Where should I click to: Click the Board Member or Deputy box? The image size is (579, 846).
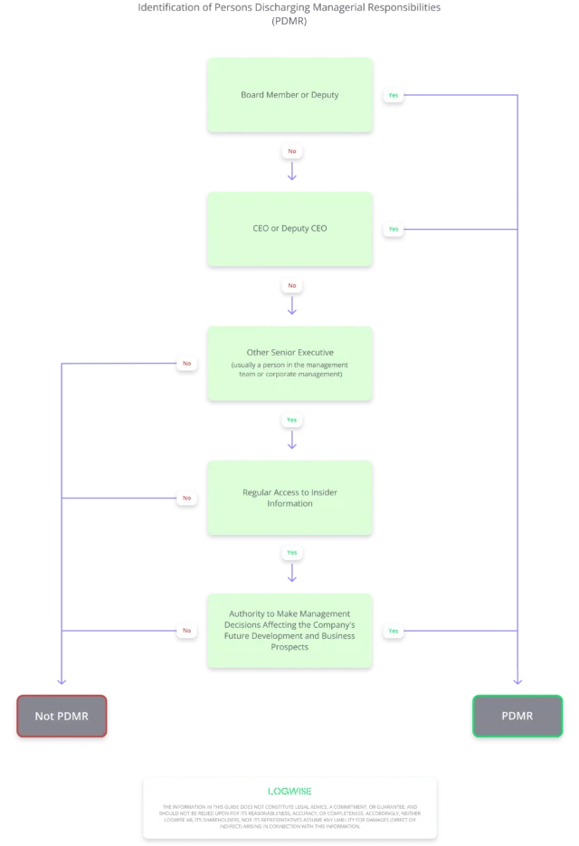pyautogui.click(x=289, y=95)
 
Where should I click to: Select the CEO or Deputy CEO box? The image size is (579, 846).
pyautogui.click(x=289, y=228)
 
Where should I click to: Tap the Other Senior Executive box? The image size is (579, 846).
pyautogui.click(x=289, y=362)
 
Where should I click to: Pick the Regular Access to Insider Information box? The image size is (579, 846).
pyautogui.click(x=289, y=497)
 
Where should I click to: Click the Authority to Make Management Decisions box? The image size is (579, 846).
pyautogui.click(x=289, y=630)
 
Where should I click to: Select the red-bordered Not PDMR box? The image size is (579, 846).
pyautogui.click(x=62, y=716)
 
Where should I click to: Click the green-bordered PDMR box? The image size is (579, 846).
pyautogui.click(x=517, y=716)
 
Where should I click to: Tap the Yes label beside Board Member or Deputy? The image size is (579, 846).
pyautogui.click(x=393, y=95)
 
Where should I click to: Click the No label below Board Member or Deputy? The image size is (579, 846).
pyautogui.click(x=291, y=151)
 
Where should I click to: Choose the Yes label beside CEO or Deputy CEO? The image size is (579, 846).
pyautogui.click(x=393, y=229)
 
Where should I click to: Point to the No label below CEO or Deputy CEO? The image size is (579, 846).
pyautogui.click(x=291, y=285)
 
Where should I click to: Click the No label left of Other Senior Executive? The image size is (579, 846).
pyautogui.click(x=187, y=363)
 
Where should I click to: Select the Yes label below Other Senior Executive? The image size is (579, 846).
pyautogui.click(x=291, y=420)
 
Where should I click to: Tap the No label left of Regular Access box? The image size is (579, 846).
pyautogui.click(x=187, y=497)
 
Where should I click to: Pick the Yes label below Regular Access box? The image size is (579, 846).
pyautogui.click(x=291, y=553)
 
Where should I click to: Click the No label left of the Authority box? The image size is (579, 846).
pyautogui.click(x=187, y=630)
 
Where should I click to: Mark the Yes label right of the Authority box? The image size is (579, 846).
pyautogui.click(x=393, y=630)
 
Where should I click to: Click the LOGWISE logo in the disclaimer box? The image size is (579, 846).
pyautogui.click(x=289, y=791)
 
